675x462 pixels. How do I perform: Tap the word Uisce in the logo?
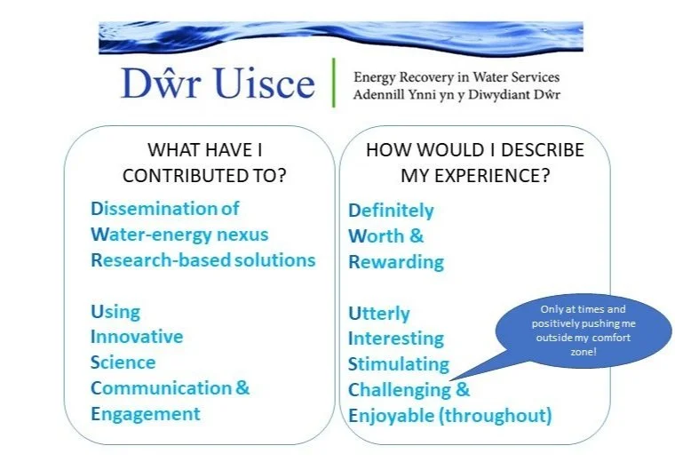coord(263,84)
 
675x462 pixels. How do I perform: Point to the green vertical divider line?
coord(335,83)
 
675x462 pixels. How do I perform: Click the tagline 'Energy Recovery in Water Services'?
coord(457,77)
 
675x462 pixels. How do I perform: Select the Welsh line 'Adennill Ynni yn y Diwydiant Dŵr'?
coord(457,94)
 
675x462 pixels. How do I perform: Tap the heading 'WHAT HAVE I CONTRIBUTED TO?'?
coord(204,163)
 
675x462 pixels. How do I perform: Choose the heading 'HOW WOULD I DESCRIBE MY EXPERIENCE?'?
coord(475,163)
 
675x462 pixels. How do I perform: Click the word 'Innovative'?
coord(137,337)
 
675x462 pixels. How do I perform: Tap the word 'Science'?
coord(123,362)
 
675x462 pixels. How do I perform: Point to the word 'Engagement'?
coord(145,414)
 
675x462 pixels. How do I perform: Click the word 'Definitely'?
coord(391,211)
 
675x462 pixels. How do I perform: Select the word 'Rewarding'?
coord(395,262)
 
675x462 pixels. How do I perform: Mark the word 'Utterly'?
coord(379,314)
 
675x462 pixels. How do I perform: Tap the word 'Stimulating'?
coord(399,364)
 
